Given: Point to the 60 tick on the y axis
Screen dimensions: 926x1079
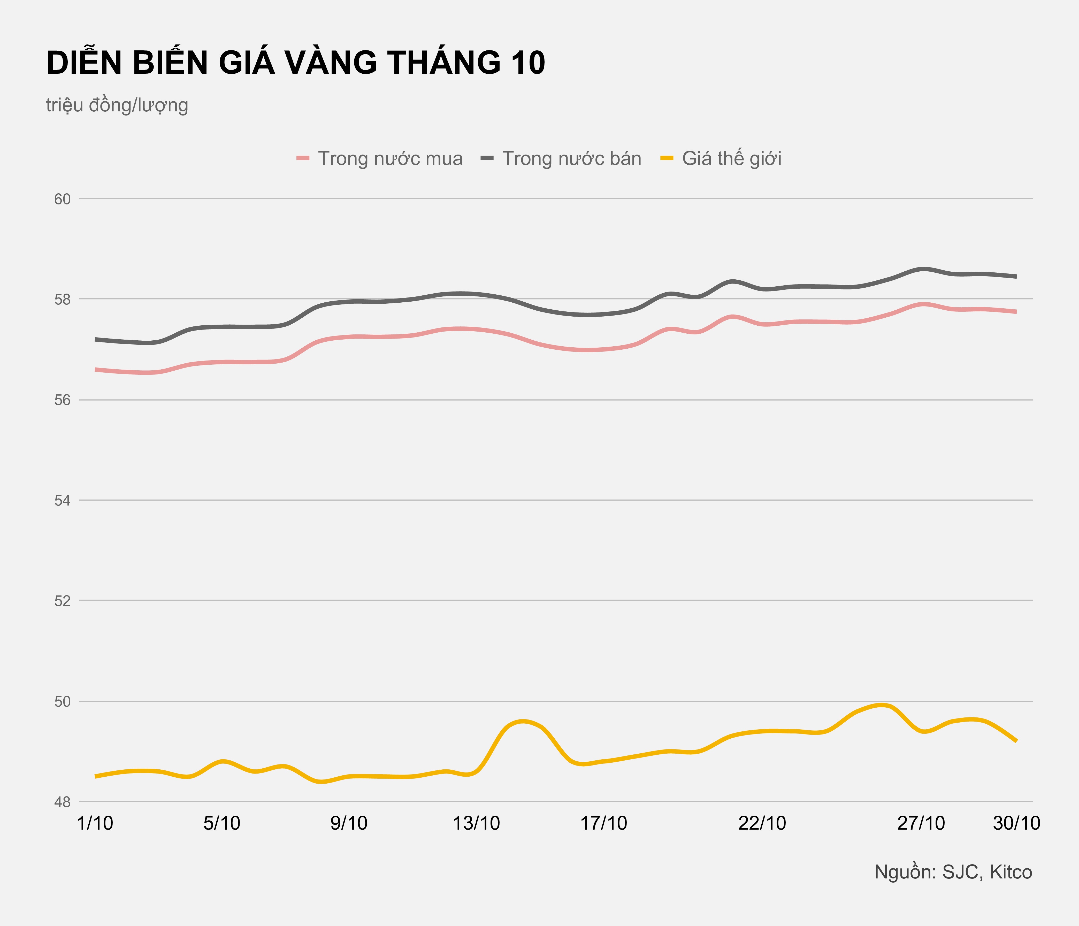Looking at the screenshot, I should (x=63, y=199).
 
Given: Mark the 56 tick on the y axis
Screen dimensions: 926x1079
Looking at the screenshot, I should (x=63, y=400).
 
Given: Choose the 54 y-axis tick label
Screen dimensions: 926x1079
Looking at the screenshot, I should (x=63, y=501).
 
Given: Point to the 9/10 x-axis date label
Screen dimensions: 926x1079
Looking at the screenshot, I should (x=349, y=823).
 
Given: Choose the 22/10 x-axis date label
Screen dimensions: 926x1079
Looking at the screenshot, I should (x=762, y=823).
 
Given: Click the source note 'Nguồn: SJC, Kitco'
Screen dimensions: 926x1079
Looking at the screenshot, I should (x=953, y=872).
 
